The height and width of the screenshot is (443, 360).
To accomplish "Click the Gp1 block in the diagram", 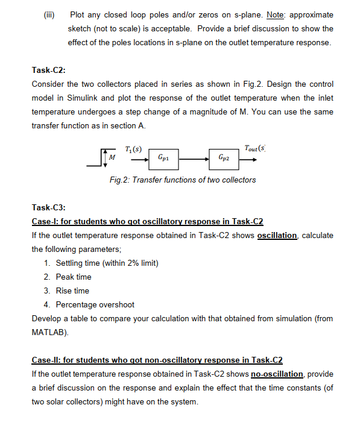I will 163,157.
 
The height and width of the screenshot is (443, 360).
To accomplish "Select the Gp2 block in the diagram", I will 224,157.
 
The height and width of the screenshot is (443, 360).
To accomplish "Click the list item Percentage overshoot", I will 95,304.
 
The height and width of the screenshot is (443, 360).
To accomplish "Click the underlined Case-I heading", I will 147,221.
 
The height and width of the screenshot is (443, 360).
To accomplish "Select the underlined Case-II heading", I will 157,360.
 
